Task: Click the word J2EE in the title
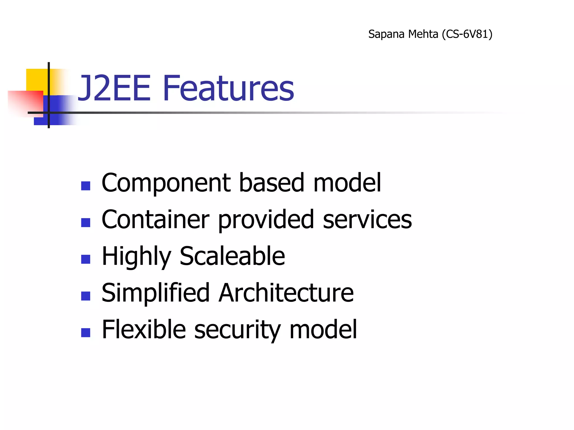(114, 88)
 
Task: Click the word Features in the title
(228, 88)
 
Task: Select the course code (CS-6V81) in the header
(467, 34)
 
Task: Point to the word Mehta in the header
(423, 34)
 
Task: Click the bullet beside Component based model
(85, 186)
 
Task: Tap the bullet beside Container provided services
(85, 223)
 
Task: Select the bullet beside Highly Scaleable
(85, 259)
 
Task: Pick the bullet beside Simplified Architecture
(85, 296)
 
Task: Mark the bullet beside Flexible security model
(85, 333)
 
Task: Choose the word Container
(155, 219)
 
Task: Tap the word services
(367, 220)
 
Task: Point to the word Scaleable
(232, 256)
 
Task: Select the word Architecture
(286, 293)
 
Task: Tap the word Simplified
(156, 293)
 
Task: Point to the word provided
(266, 220)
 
